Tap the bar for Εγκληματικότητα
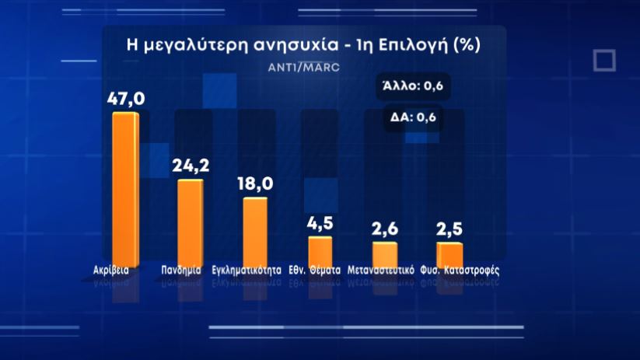(255, 229)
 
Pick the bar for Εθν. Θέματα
(320, 249)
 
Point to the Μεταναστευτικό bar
(385, 253)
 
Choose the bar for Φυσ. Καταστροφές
(449, 253)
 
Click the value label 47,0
(125, 100)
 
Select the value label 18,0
(255, 183)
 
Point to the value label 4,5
(320, 223)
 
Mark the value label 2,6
(385, 229)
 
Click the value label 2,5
(449, 229)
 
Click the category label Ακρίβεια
(107, 271)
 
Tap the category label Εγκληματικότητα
(246, 271)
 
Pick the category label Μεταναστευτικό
(386, 271)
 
